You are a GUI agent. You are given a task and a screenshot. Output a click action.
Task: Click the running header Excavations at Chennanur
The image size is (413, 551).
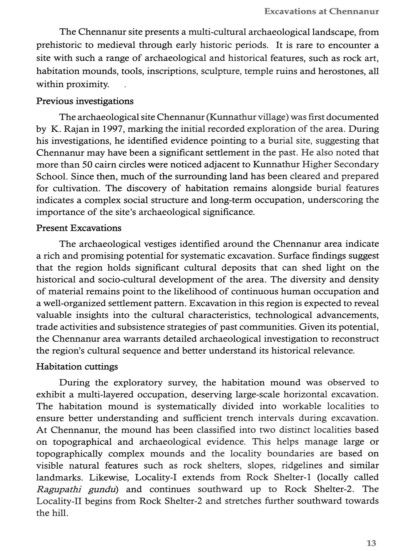321,12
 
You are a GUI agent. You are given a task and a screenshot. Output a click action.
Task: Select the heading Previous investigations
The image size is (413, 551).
85,101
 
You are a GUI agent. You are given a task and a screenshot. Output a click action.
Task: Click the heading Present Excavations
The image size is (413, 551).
79,228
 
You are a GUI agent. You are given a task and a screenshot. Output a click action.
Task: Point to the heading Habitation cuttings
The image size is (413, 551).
77,367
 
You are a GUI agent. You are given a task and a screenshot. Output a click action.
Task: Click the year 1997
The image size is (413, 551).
113,129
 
